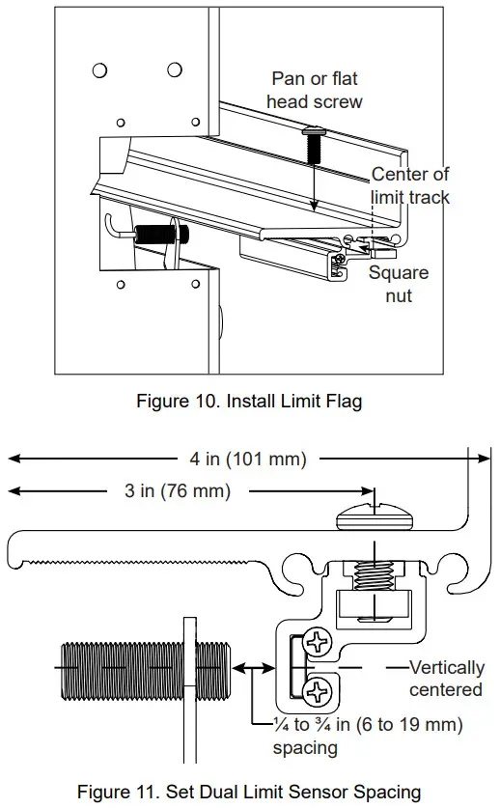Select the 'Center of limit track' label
tap(410, 185)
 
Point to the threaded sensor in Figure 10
tap(160, 234)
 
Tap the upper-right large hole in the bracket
tap(175, 70)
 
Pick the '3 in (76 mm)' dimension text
tap(177, 491)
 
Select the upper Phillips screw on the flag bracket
tap(318, 641)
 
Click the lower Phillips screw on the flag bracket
tap(318, 690)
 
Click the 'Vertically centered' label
tap(445, 679)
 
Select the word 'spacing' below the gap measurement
tap(305, 748)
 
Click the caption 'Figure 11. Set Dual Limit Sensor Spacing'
tap(249, 792)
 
